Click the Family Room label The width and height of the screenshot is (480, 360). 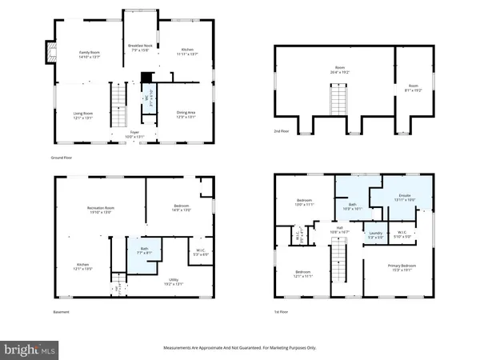pyautogui.click(x=88, y=53)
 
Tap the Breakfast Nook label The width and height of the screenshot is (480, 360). pyautogui.click(x=140, y=50)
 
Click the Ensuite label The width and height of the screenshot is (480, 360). pyautogui.click(x=404, y=197)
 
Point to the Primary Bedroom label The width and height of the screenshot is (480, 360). pyautogui.click(x=398, y=269)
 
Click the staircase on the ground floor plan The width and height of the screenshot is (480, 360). pyautogui.click(x=118, y=102)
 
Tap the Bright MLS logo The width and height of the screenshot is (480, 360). pyautogui.click(x=30, y=350)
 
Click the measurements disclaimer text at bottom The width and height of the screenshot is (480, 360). pyautogui.click(x=239, y=346)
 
